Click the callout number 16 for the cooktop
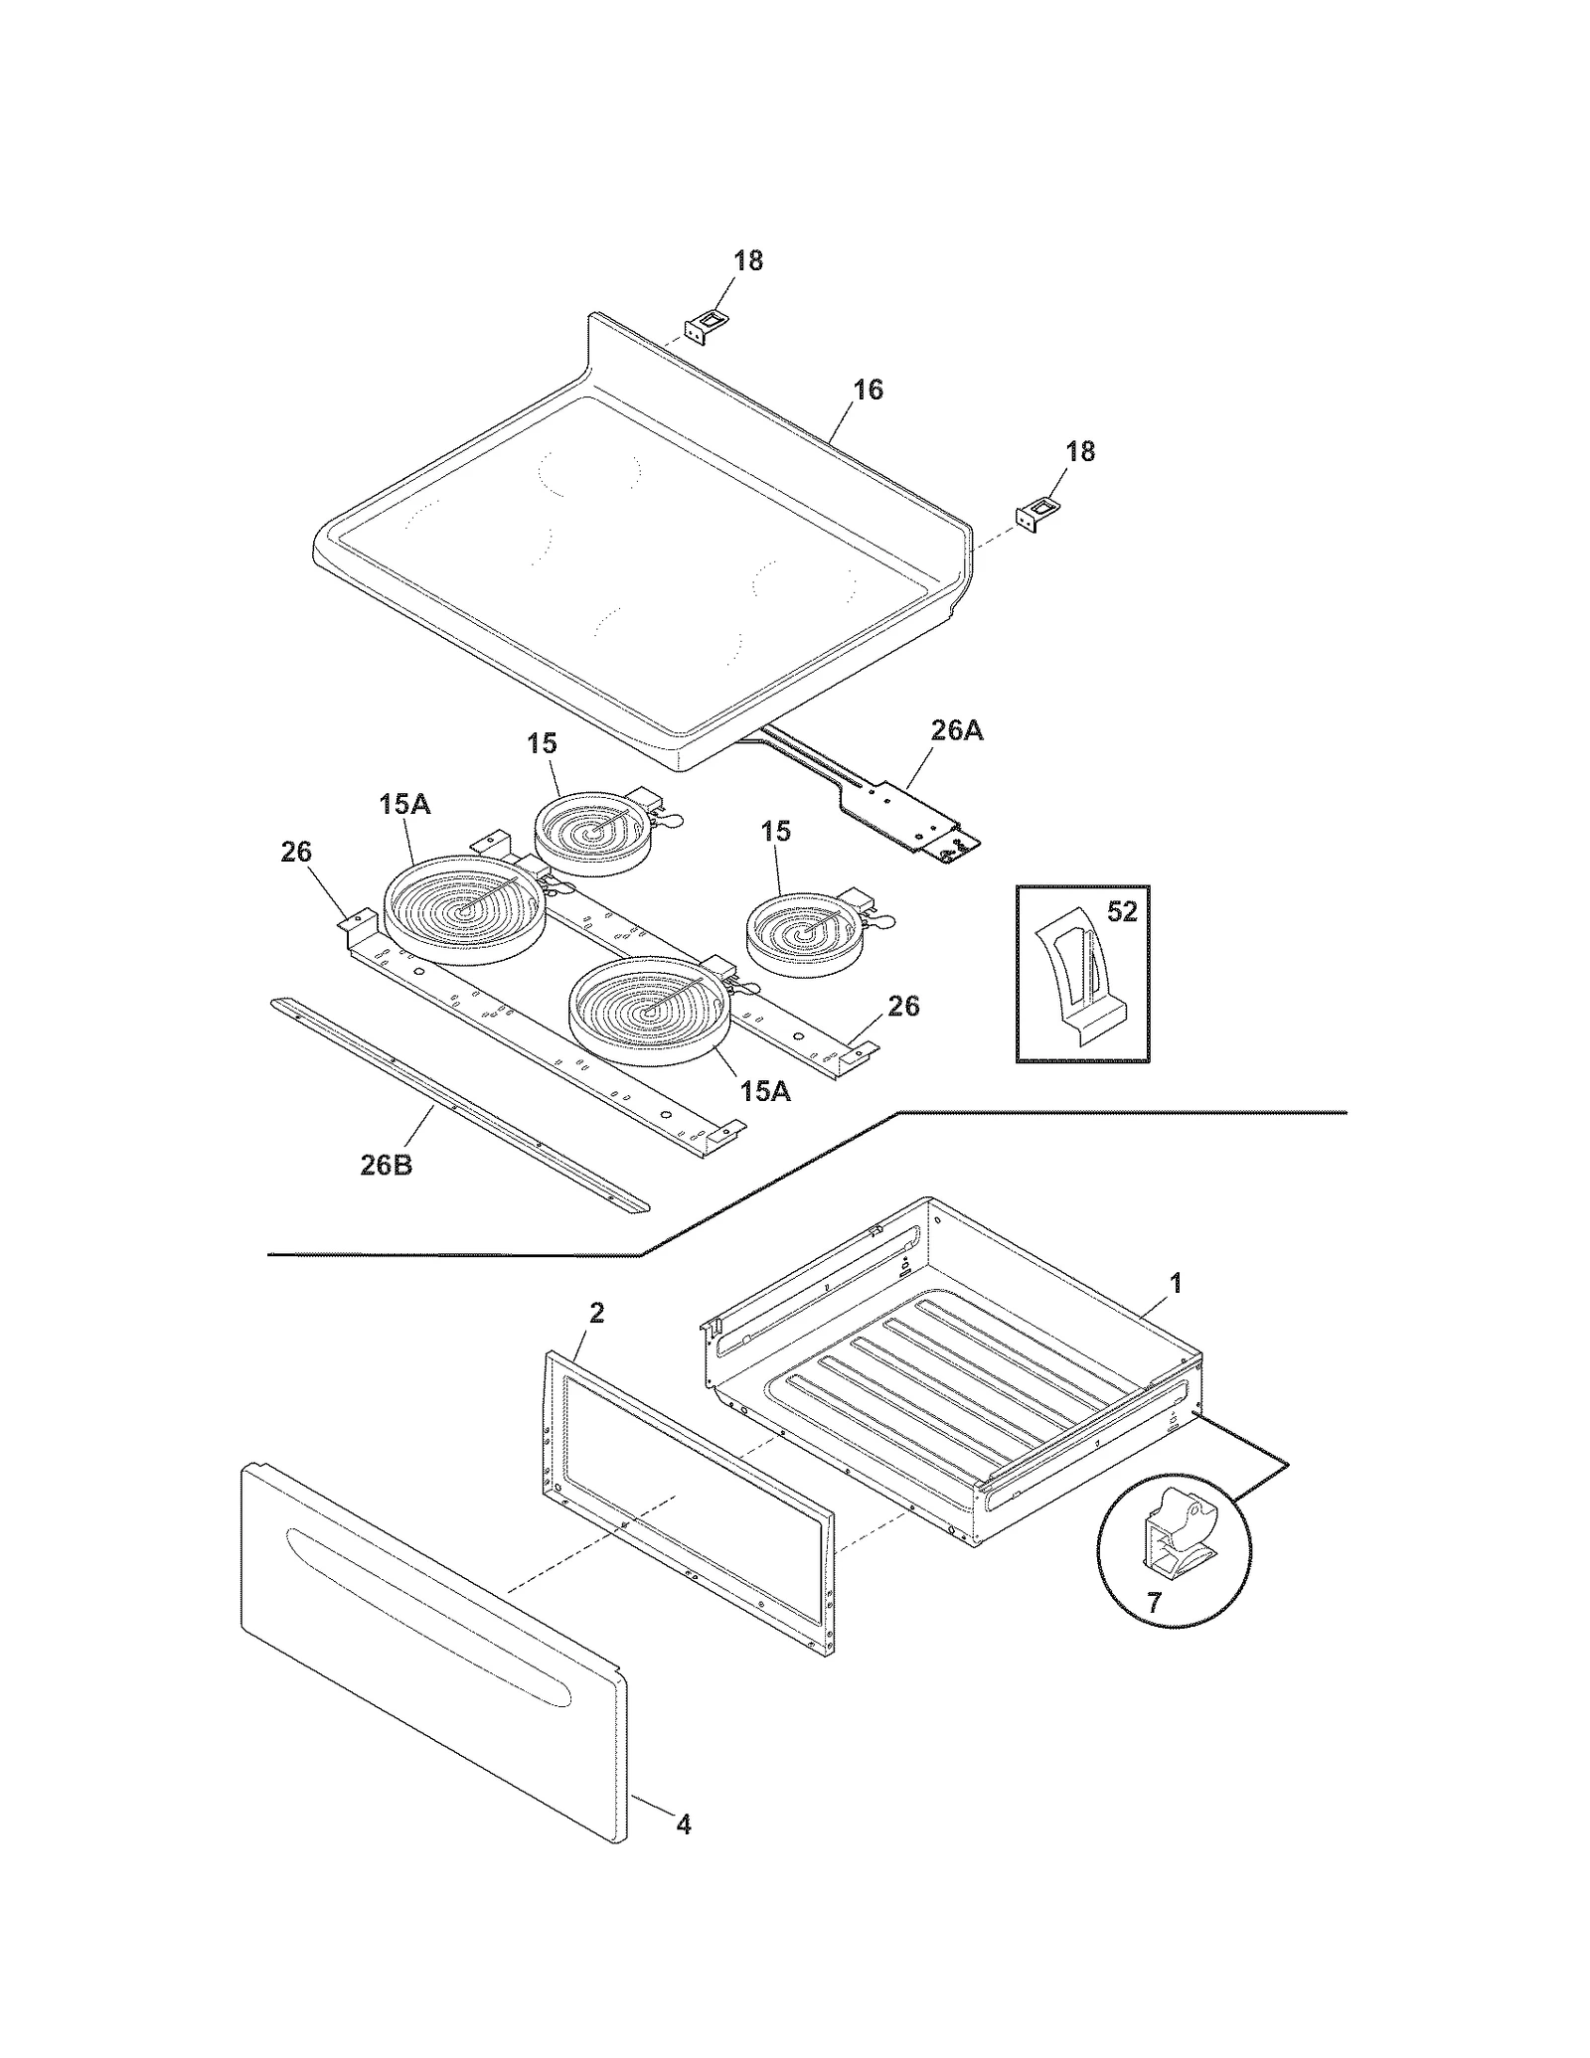click(868, 390)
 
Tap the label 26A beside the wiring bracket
click(956, 730)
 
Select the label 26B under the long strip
click(386, 1165)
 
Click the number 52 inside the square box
click(1121, 911)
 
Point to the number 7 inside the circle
click(1153, 1603)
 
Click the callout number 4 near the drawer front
click(684, 1824)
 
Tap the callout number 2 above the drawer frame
click(596, 1313)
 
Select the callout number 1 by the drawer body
click(1176, 1283)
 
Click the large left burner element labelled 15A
click(463, 909)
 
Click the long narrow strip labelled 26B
click(457, 1105)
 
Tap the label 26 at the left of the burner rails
click(295, 852)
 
